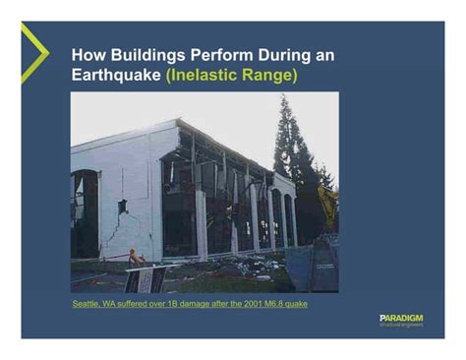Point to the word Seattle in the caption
(x=87, y=303)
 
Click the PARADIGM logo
(x=401, y=319)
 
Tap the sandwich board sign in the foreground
(x=145, y=279)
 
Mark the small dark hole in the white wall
(x=122, y=207)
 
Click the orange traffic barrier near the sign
(x=135, y=259)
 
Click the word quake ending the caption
(x=297, y=303)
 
